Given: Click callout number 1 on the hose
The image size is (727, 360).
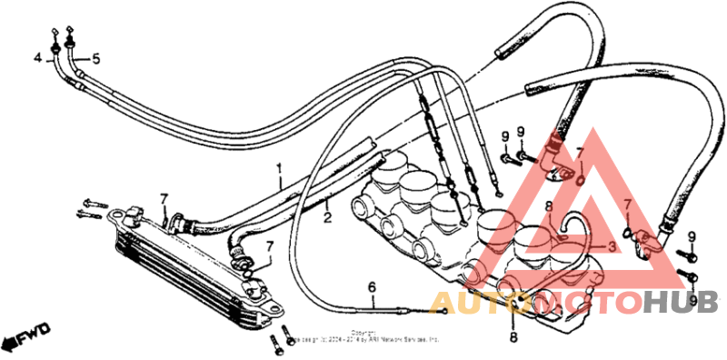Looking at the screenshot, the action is (x=280, y=168).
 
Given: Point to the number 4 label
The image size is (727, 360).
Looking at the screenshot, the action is (x=38, y=59).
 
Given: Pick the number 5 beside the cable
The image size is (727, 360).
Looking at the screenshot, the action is (x=96, y=59).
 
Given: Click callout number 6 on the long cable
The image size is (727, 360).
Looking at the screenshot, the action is (x=372, y=288).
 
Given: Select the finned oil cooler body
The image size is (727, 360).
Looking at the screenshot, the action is (x=182, y=264).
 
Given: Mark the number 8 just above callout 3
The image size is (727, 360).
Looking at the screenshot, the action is (x=549, y=207).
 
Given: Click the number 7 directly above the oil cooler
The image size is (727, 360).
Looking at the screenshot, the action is (x=164, y=198).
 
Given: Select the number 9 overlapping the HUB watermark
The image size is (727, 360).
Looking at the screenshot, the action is (x=692, y=300).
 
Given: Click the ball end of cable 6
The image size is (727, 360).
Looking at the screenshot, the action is (x=442, y=310).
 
